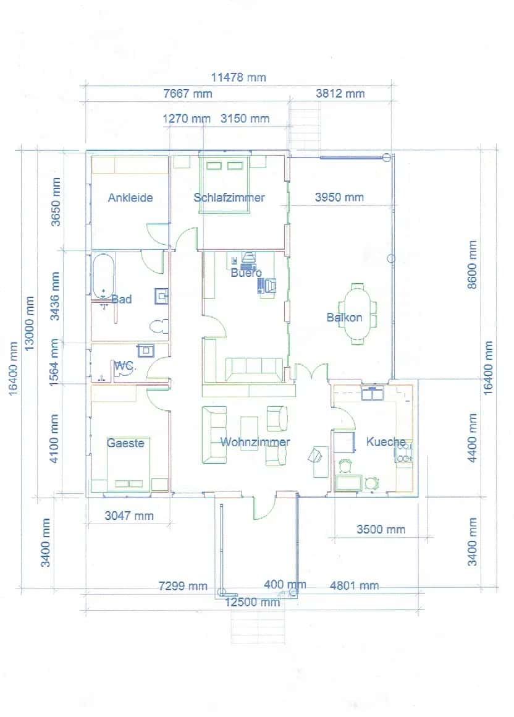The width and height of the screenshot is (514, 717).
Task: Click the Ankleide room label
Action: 130,198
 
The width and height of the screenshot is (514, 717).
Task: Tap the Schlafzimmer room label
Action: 229,198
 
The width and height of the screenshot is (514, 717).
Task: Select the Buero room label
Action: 246,273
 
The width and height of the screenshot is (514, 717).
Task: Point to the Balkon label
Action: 344,318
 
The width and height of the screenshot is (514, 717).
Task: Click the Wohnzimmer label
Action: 255,442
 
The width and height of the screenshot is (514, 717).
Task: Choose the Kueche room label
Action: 386,442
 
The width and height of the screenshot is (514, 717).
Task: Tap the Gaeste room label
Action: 125,443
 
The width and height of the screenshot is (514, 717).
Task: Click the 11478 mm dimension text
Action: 238,77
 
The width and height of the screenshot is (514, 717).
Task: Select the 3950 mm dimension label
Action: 339,198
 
